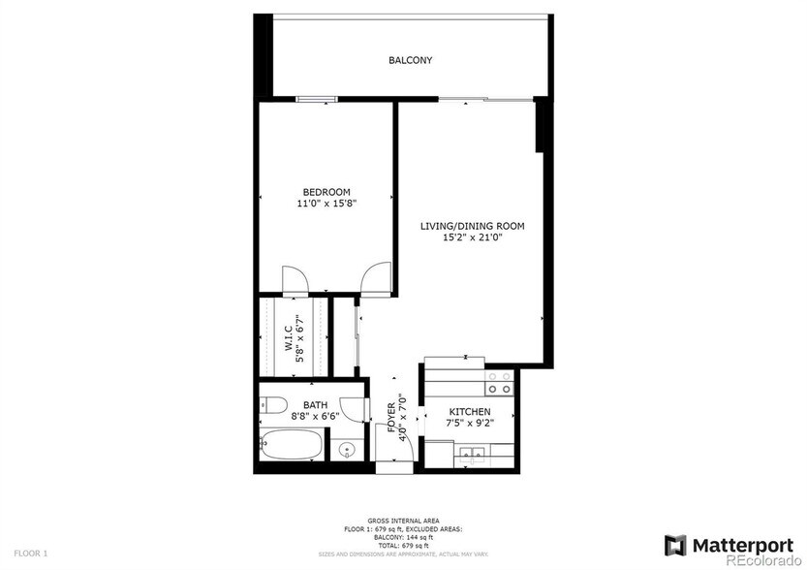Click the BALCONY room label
point(410,60)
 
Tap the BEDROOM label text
point(326,192)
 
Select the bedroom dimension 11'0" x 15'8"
point(326,205)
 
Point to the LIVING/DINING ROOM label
point(472,226)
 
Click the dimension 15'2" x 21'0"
point(472,237)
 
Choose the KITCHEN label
point(469,412)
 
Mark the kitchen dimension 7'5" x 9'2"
point(469,424)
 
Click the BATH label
point(315,405)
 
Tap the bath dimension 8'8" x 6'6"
point(315,417)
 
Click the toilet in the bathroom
point(271,407)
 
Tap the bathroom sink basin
point(347,450)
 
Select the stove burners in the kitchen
point(499,383)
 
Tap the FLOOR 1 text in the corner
point(30,553)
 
